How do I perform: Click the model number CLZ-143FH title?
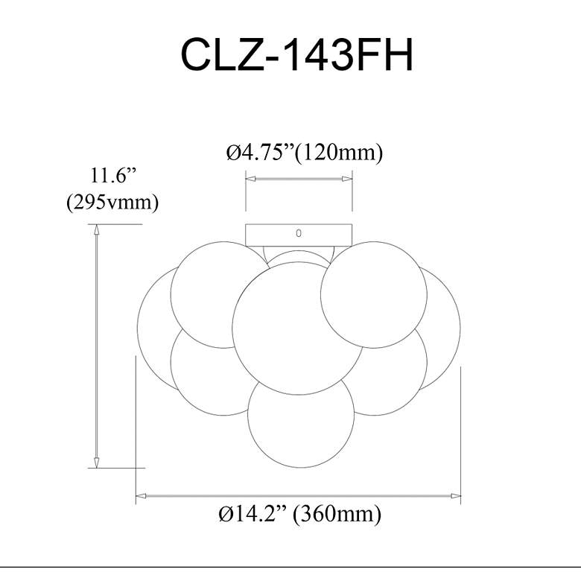point(296,54)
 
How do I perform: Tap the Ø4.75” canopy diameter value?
point(260,152)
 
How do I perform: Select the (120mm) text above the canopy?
point(338,153)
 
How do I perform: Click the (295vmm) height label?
point(112,203)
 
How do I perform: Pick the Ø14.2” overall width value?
point(253,513)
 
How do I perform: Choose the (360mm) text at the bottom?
point(337,514)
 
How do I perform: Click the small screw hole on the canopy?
point(299,233)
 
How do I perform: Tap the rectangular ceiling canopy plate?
point(299,235)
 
